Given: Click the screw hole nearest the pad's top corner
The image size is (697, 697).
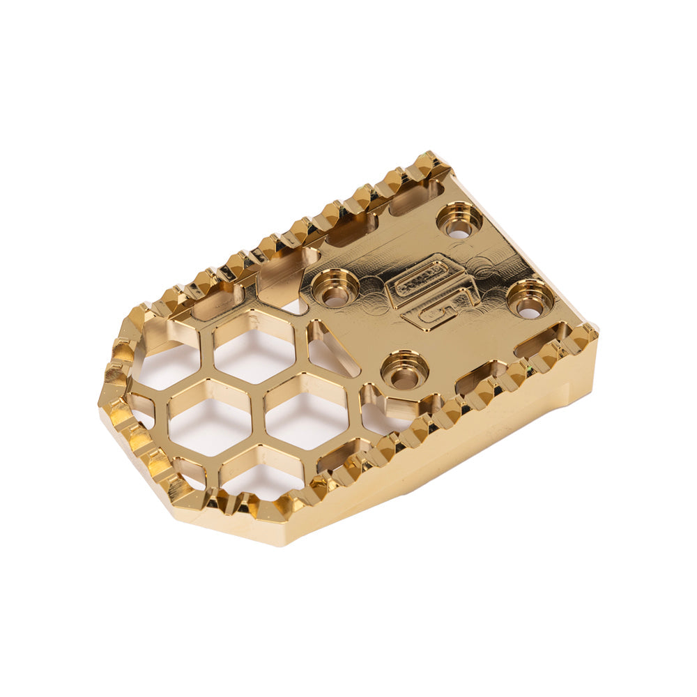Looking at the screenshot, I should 459,221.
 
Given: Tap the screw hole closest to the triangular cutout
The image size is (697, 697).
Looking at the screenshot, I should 405,369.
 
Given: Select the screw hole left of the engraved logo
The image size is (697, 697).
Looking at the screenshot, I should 335,287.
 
